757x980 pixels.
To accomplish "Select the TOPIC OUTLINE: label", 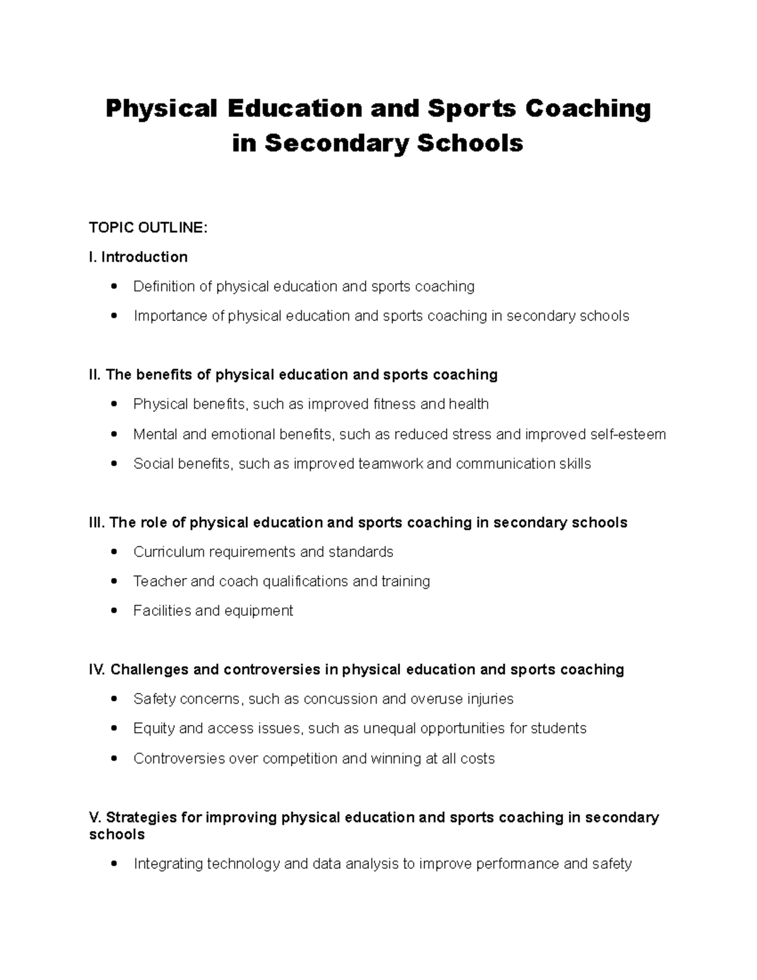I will (x=148, y=228).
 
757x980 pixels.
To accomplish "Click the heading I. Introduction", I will (x=138, y=257).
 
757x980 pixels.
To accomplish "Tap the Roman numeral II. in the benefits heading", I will (x=95, y=375).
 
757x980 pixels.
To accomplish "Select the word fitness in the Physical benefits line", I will (x=394, y=404).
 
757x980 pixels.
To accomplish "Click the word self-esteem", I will (x=628, y=434).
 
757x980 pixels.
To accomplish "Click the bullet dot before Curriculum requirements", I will (x=114, y=552).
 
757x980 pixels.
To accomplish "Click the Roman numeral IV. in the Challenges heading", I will (x=98, y=670).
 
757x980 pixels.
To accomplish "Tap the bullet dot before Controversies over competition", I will (x=114, y=759).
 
